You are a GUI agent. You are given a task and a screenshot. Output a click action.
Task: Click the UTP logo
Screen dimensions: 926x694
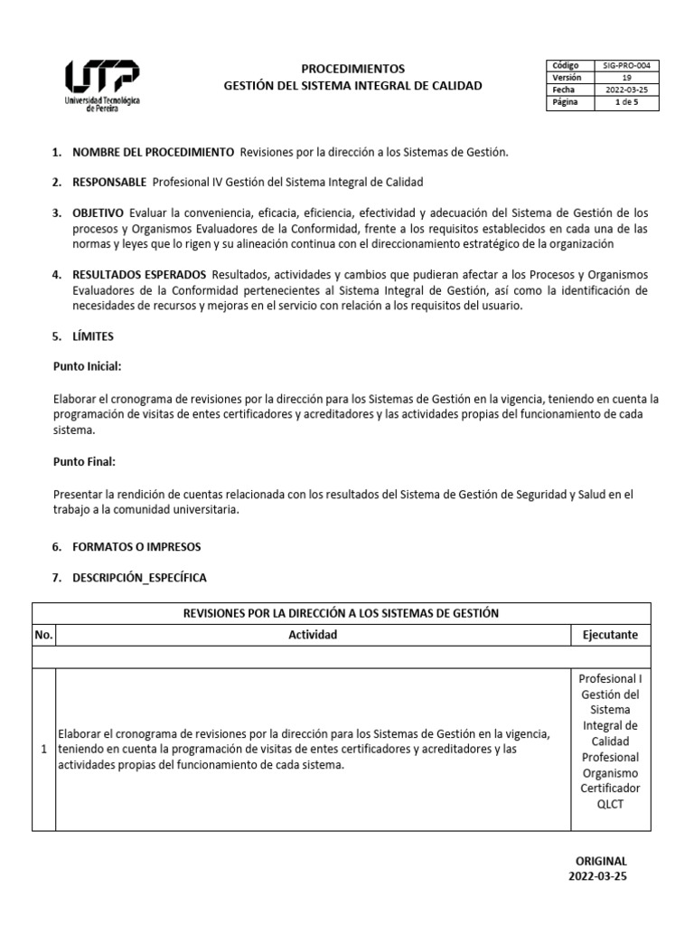point(101,84)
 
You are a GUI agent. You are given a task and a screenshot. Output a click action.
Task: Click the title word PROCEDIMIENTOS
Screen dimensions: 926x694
point(353,69)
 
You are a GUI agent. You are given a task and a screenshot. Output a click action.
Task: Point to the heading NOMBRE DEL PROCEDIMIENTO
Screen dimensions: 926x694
point(153,152)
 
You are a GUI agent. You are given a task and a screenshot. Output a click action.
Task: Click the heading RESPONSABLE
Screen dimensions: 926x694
point(109,183)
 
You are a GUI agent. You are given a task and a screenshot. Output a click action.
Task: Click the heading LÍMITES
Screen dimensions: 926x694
point(93,336)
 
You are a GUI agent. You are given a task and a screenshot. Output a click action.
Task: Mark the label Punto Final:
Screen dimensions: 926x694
point(85,462)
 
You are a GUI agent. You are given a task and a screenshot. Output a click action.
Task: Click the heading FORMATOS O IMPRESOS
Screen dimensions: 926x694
point(136,548)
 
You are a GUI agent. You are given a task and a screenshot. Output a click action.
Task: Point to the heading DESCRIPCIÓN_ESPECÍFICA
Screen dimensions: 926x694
point(140,578)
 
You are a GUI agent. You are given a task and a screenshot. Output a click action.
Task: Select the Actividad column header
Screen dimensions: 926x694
point(313,635)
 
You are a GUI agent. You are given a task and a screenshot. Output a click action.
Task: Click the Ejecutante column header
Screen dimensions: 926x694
point(610,635)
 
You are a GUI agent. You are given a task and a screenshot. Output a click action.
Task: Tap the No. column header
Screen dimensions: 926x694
point(43,635)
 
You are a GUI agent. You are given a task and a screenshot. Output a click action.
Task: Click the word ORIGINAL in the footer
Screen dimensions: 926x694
point(601,862)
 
